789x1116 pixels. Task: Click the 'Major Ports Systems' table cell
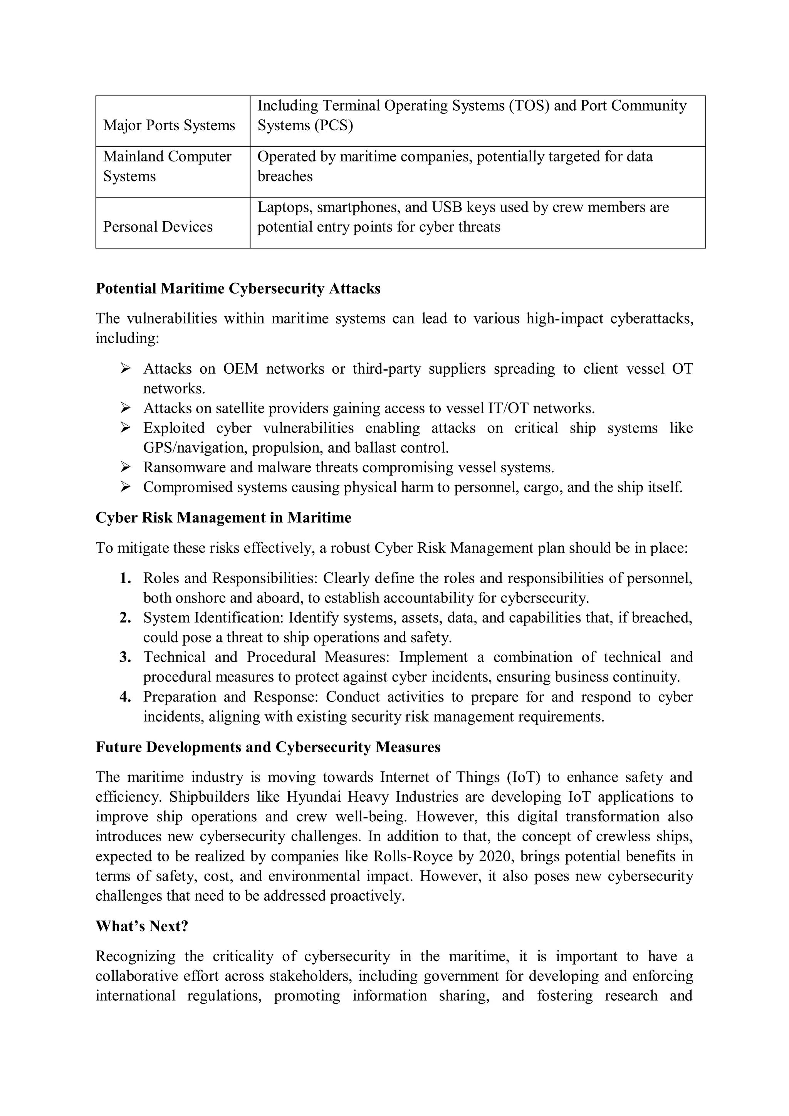tap(169, 126)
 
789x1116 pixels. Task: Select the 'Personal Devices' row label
tap(158, 227)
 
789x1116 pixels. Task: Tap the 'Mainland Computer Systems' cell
tap(167, 166)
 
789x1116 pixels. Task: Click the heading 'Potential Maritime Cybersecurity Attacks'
tap(238, 289)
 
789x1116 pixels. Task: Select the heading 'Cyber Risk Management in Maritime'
tap(223, 518)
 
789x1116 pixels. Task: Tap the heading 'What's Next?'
tap(141, 926)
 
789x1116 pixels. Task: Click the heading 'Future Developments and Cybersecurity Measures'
tap(268, 747)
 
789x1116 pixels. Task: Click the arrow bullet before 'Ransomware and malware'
tap(126, 467)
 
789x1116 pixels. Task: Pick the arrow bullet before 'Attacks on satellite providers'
tap(126, 408)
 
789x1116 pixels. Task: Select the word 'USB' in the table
tap(446, 208)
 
